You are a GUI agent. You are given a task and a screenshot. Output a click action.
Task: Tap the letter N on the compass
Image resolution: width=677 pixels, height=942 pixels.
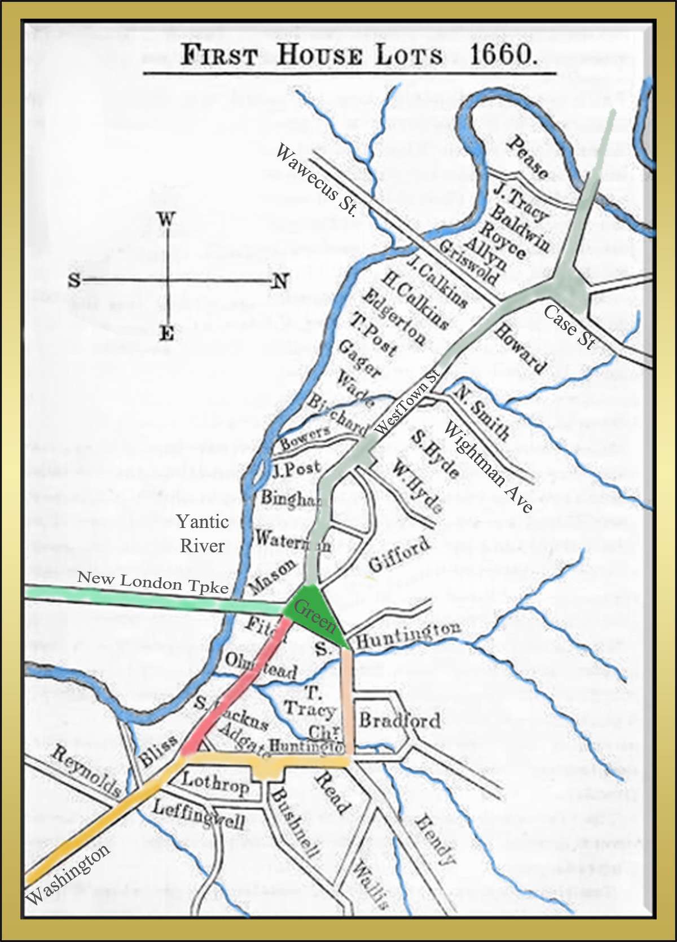tap(280, 280)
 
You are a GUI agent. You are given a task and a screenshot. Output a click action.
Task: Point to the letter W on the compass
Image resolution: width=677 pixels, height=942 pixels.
tap(165, 219)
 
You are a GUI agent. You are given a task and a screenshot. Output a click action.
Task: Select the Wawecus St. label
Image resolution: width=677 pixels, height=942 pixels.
tap(316, 179)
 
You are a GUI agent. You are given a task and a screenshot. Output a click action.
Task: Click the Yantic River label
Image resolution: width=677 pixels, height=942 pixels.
tap(202, 533)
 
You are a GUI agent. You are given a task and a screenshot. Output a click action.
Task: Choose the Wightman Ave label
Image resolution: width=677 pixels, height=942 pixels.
tap(489, 466)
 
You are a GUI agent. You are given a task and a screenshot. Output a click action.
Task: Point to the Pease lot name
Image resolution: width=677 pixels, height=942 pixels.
tap(527, 157)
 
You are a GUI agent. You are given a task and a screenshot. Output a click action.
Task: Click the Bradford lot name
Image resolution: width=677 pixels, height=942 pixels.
tap(399, 720)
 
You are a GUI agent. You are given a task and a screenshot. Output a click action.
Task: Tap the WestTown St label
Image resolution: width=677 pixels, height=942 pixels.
tap(406, 402)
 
